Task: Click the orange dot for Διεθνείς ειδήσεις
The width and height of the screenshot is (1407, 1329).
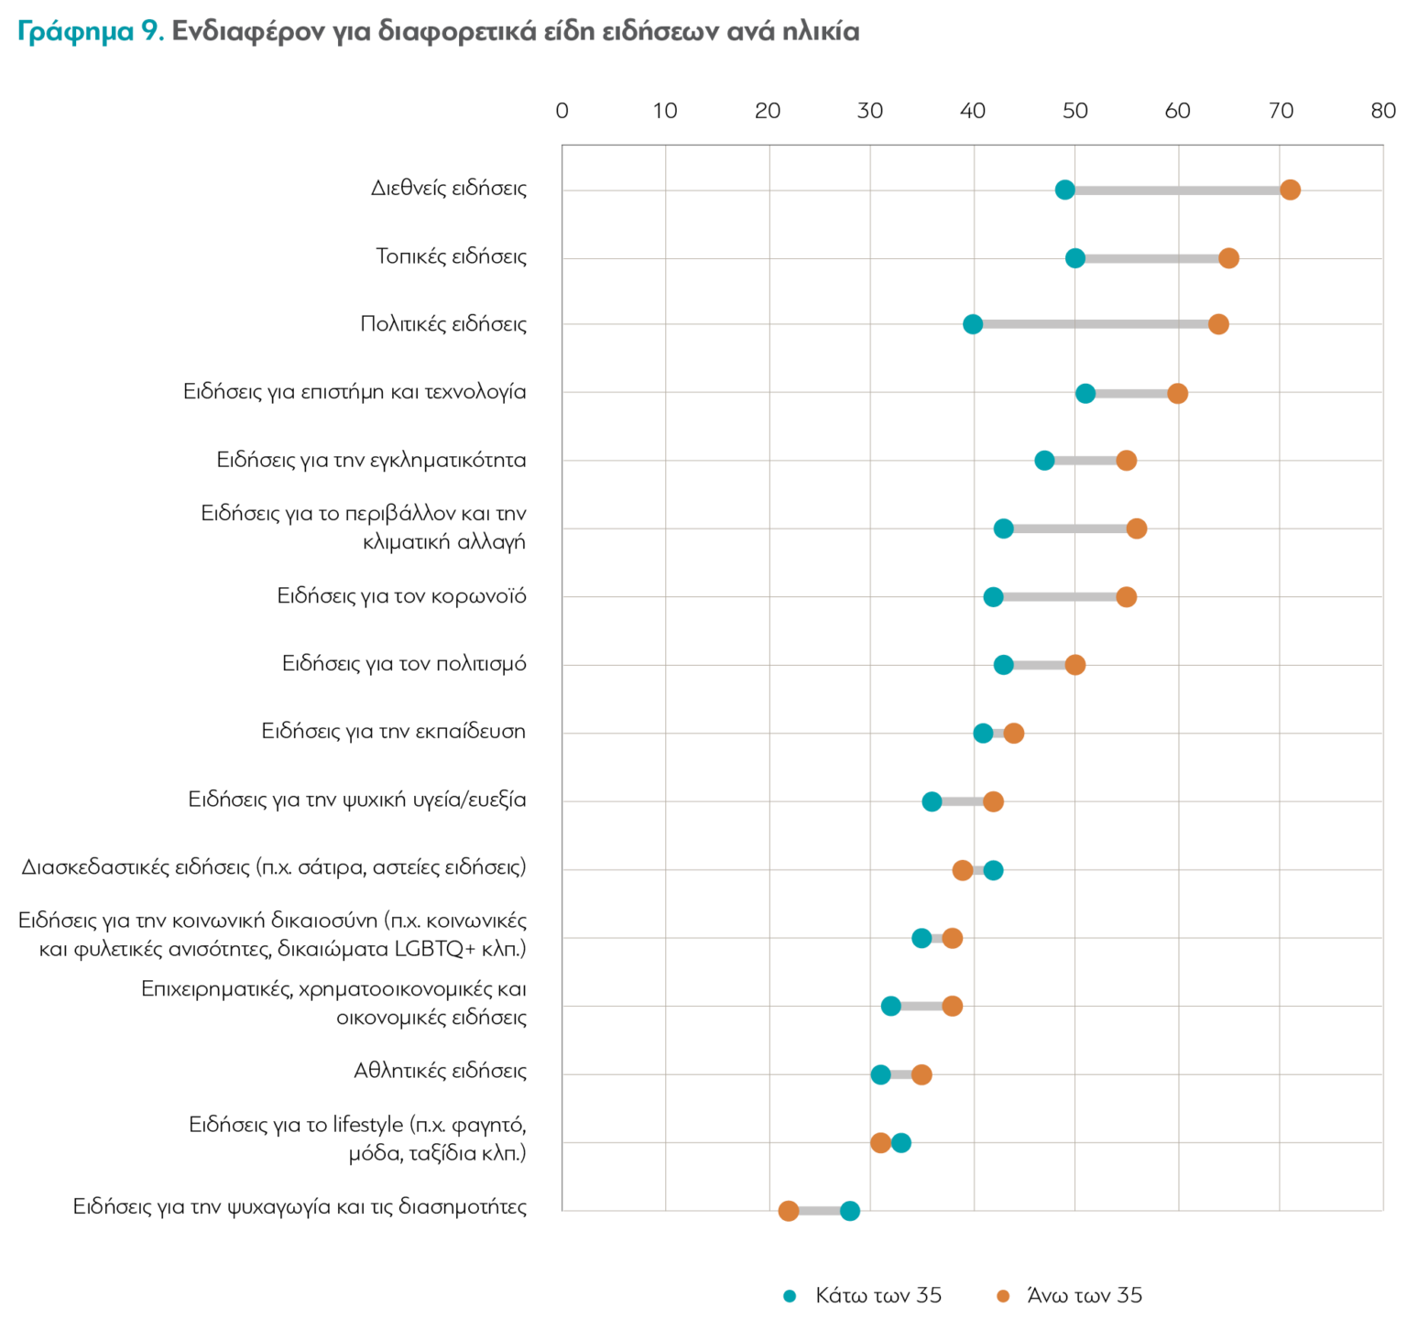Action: [1290, 190]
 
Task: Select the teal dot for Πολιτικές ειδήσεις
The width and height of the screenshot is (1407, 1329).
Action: [973, 324]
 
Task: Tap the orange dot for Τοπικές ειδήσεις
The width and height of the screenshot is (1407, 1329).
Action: [1228, 258]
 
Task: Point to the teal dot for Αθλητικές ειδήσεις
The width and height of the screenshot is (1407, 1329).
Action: [880, 1074]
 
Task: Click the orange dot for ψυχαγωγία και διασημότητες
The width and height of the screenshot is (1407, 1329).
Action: [788, 1211]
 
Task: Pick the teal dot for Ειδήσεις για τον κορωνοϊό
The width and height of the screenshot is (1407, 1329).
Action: [993, 597]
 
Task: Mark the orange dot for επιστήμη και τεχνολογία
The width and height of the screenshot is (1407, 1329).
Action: [1177, 393]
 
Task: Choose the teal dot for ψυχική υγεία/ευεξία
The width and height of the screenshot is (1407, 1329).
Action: [932, 801]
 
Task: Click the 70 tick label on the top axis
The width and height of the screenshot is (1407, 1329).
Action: [1280, 111]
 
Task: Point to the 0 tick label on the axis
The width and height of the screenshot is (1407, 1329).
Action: [562, 111]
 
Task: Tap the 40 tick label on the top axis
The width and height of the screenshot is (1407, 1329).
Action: [972, 111]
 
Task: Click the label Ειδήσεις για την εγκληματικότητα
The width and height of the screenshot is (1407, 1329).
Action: [371, 460]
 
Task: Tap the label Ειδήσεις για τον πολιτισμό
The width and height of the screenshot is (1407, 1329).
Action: [404, 664]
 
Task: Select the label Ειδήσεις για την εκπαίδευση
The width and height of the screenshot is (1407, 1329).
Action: [394, 732]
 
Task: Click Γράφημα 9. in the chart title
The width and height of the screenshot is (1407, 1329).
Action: [91, 32]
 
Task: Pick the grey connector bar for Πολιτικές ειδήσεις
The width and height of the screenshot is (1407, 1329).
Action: [1096, 324]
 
